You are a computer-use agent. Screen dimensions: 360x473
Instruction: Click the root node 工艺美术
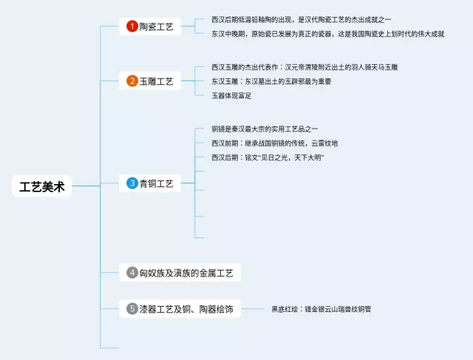pyautogui.click(x=42, y=186)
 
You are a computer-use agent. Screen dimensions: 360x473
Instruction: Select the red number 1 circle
pyautogui.click(x=132, y=27)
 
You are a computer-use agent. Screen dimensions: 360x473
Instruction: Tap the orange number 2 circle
pyautogui.click(x=132, y=81)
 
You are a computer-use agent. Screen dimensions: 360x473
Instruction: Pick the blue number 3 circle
pyautogui.click(x=132, y=183)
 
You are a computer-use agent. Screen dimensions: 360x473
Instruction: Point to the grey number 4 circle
pyautogui.click(x=132, y=273)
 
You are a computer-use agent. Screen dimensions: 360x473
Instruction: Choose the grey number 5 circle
pyautogui.click(x=132, y=308)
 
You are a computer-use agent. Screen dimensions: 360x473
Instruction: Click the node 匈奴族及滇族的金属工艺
pyautogui.click(x=186, y=273)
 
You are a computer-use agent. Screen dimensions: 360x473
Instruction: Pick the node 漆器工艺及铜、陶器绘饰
pyautogui.click(x=186, y=308)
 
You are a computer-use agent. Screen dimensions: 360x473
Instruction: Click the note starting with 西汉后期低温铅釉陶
pyautogui.click(x=301, y=19)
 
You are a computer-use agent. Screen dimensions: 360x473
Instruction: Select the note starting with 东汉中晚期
pyautogui.click(x=327, y=33)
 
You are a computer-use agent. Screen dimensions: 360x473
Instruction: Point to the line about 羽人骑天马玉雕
pyautogui.click(x=304, y=67)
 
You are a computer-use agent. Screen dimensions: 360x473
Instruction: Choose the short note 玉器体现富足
pyautogui.click(x=231, y=95)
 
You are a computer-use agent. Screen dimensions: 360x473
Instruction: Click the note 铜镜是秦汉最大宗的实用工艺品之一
pyautogui.click(x=265, y=129)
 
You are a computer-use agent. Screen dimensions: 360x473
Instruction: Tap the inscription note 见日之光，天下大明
pyautogui.click(x=268, y=157)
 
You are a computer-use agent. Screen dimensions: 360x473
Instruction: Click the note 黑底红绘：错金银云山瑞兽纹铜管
pyautogui.click(x=321, y=309)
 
